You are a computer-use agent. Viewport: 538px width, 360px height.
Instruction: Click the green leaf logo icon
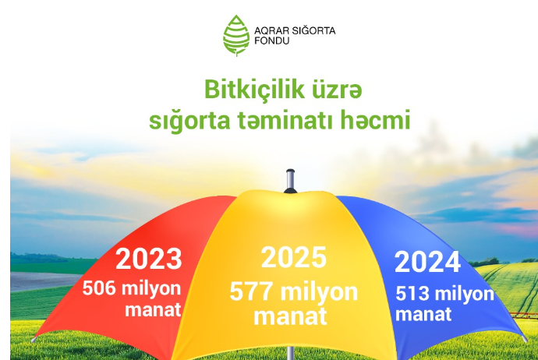235,36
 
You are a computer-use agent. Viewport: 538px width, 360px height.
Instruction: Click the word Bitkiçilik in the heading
248,90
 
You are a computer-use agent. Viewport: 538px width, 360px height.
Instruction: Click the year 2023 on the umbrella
148,259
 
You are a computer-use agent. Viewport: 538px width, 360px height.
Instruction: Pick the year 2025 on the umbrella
293,257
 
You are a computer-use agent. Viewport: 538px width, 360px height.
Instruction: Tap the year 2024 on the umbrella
427,263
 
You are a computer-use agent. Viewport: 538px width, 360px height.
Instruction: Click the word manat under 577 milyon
290,317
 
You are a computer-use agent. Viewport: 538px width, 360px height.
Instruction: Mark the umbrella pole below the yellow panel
291,351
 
